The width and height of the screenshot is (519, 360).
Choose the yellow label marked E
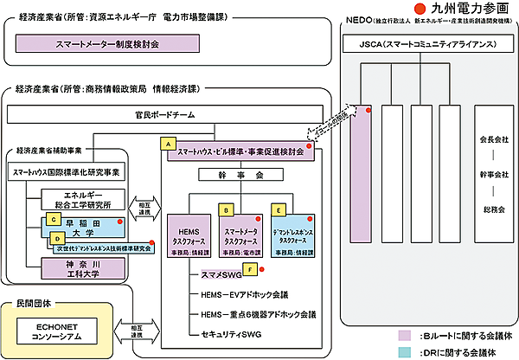279,209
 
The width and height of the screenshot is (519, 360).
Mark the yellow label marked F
250,269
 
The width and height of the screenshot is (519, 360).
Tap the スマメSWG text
213,276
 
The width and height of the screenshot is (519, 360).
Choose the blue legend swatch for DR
404,351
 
